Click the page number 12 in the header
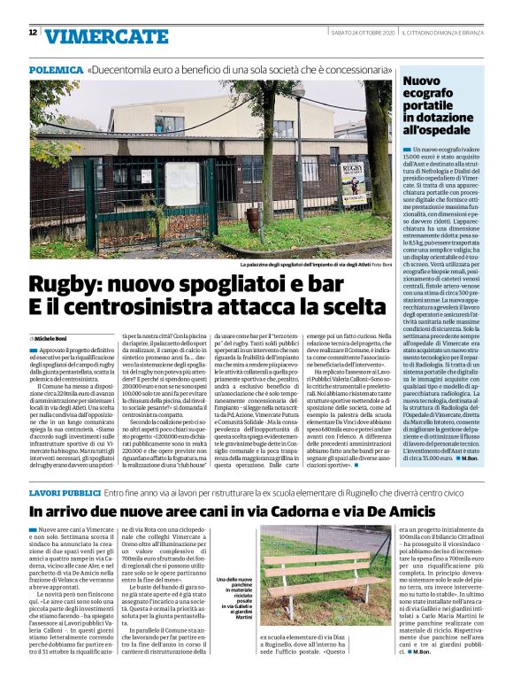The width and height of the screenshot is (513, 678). pyautogui.click(x=33, y=33)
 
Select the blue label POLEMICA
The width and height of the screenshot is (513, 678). pyautogui.click(x=55, y=69)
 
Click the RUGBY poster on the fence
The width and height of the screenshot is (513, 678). pyautogui.click(x=350, y=171)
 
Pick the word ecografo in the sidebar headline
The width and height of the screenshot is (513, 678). pyautogui.click(x=429, y=96)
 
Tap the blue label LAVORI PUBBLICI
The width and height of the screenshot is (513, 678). pyautogui.click(x=63, y=490)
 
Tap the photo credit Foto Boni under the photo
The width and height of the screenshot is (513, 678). pyautogui.click(x=380, y=264)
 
